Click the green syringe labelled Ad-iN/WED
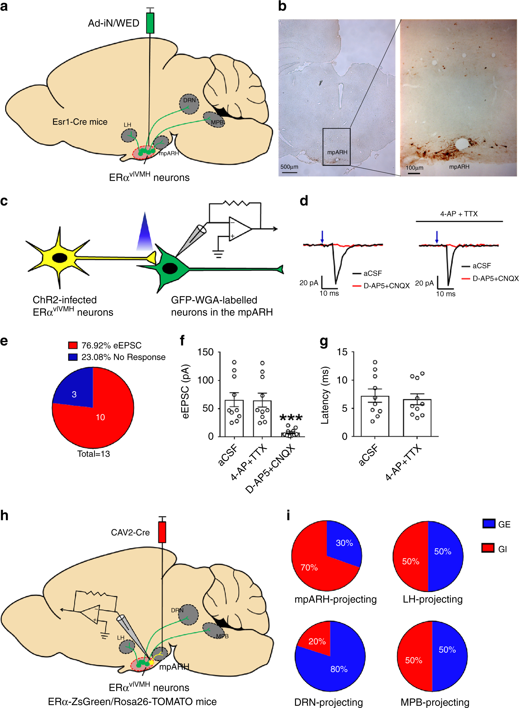[150, 23]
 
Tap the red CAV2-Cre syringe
[162, 532]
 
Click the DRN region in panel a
[189, 103]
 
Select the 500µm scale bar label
[289, 167]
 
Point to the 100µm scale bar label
[414, 168]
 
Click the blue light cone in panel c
[145, 233]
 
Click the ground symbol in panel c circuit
[218, 254]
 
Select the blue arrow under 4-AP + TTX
[437, 237]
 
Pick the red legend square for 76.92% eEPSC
[73, 345]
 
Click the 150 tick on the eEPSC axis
[205, 352]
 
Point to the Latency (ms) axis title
[325, 395]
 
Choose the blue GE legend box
[489, 523]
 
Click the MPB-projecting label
[435, 702]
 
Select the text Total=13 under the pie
[93, 454]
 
